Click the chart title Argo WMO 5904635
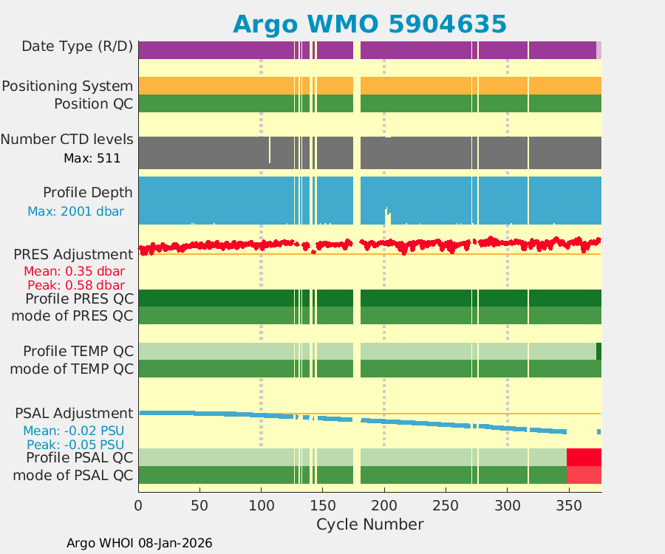pyautogui.click(x=369, y=24)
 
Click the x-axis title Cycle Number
pyautogui.click(x=369, y=524)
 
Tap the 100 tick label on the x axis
pyautogui.click(x=261, y=505)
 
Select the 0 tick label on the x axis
pyautogui.click(x=138, y=505)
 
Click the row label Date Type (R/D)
pyautogui.click(x=78, y=47)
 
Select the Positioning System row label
pyautogui.click(x=67, y=86)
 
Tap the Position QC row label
pyautogui.click(x=93, y=104)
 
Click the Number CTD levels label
pyautogui.click(x=67, y=140)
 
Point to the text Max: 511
pyautogui.click(x=92, y=157)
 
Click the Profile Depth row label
pyautogui.click(x=88, y=193)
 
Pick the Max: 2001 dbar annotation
pyautogui.click(x=76, y=211)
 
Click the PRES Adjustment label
pyautogui.click(x=73, y=255)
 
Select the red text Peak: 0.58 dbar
pyautogui.click(x=76, y=285)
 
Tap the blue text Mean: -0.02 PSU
pyautogui.click(x=73, y=431)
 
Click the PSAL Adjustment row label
pyautogui.click(x=74, y=414)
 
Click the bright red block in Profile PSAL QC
pyautogui.click(x=584, y=457)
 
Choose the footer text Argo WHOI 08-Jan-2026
pyautogui.click(x=140, y=543)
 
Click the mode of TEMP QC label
pyautogui.click(x=72, y=369)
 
